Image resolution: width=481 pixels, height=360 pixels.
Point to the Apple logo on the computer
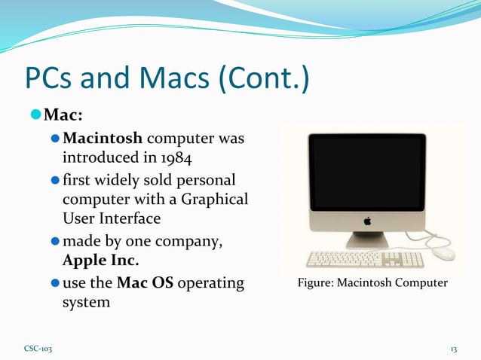[368, 221]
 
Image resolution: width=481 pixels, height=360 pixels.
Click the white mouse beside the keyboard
[444, 254]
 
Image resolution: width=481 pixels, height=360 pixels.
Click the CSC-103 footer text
[38, 349]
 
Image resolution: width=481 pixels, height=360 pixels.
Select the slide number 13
[454, 349]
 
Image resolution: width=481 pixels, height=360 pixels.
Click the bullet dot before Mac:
[36, 117]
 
